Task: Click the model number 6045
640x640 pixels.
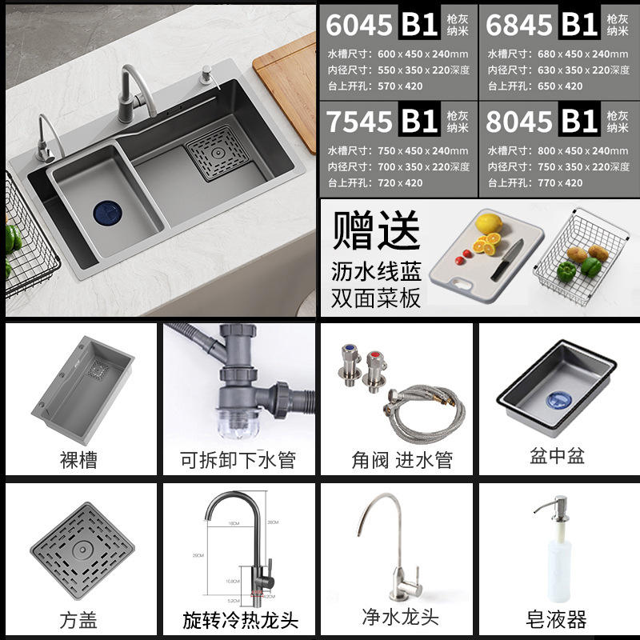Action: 359,25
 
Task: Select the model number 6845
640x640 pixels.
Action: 520,25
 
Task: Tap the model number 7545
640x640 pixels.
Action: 359,121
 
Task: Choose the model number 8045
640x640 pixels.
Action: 520,121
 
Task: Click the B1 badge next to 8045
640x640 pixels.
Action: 580,121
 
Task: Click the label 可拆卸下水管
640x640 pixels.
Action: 238,460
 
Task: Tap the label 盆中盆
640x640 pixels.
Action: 557,456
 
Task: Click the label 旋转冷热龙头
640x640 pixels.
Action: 238,618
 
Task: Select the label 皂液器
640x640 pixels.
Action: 557,618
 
